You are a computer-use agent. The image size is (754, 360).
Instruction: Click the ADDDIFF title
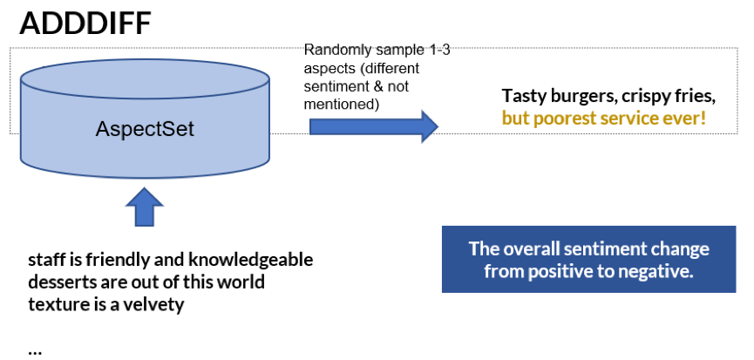click(x=85, y=24)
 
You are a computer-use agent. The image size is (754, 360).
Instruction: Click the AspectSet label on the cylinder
click(x=145, y=131)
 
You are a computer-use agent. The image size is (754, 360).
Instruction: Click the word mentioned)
click(x=339, y=105)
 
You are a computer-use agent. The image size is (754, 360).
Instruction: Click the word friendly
click(x=119, y=260)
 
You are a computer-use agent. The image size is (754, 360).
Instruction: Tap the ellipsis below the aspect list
click(x=35, y=350)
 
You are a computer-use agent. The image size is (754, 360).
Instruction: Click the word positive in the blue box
click(x=560, y=271)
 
